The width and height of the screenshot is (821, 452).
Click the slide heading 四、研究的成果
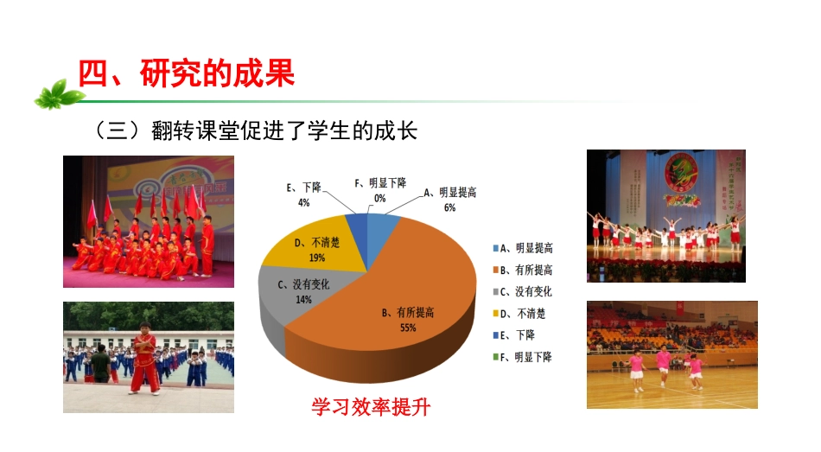tap(186, 73)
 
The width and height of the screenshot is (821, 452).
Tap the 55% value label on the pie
tap(407, 328)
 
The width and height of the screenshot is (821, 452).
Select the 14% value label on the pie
tap(303, 299)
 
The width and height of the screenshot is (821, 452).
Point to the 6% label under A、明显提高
tap(449, 207)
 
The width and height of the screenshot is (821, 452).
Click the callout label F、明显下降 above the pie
tap(380, 183)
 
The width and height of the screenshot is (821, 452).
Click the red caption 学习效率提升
tap(370, 405)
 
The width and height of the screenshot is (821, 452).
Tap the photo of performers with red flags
tap(149, 221)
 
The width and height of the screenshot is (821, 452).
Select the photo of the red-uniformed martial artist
tap(149, 357)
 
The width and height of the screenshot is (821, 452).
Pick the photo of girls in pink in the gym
tap(671, 354)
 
